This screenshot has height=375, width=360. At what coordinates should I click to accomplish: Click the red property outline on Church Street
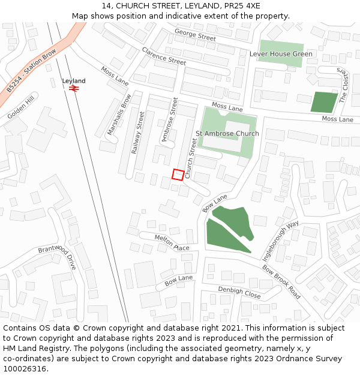178,174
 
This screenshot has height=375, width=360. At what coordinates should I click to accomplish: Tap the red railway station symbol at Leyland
74,88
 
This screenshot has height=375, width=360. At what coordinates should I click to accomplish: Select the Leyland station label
74,80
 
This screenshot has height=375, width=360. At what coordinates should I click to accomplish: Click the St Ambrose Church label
227,133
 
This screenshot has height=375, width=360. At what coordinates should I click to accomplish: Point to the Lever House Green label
280,54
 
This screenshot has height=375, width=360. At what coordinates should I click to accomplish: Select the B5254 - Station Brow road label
31,71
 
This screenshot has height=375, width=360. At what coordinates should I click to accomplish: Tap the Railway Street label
137,132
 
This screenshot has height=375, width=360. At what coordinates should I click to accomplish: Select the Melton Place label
172,242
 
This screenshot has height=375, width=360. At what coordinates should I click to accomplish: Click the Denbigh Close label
239,292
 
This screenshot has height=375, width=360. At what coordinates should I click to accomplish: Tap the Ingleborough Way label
288,236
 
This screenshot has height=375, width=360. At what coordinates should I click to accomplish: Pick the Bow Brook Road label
281,282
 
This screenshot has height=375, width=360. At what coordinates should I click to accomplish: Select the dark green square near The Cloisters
324,102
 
